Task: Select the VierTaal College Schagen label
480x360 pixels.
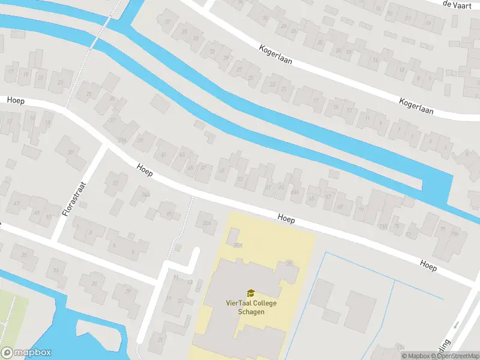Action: pyautogui.click(x=251, y=307)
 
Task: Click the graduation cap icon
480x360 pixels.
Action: pyautogui.click(x=251, y=293)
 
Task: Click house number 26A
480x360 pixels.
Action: pyautogui.click(x=208, y=223)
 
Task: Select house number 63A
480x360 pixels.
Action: pyautogui.click(x=295, y=192)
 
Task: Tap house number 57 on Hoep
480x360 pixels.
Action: pyautogui.click(x=240, y=179)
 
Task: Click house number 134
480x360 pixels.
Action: pyautogui.click(x=401, y=347)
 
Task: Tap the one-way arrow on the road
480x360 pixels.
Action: pyautogui.click(x=456, y=325)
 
